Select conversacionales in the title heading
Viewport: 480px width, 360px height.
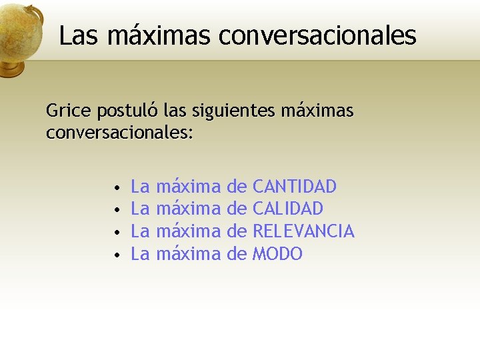pyautogui.click(x=317, y=35)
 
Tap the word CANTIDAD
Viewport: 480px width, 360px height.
pyautogui.click(x=295, y=186)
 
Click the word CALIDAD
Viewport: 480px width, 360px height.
pyautogui.click(x=288, y=209)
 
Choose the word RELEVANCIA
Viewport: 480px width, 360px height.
pyautogui.click(x=303, y=231)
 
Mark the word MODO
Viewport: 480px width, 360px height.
pyautogui.click(x=277, y=254)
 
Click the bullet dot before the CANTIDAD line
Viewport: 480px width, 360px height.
pyautogui.click(x=116, y=187)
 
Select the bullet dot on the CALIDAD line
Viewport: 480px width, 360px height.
pyautogui.click(x=116, y=210)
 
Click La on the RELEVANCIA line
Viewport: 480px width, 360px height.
pyautogui.click(x=140, y=231)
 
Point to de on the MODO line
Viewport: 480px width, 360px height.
pyautogui.click(x=237, y=254)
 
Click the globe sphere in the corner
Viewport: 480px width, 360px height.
pyautogui.click(x=19, y=30)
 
